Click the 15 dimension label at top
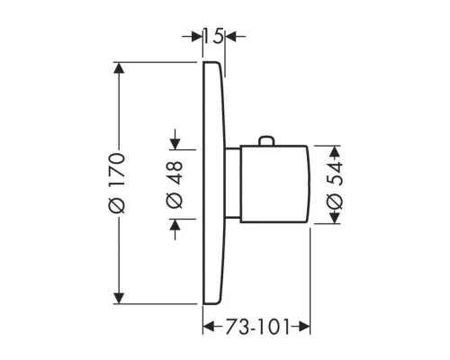pyautogui.click(x=214, y=36)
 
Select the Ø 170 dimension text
pyautogui.click(x=117, y=183)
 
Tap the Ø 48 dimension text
pyautogui.click(x=175, y=184)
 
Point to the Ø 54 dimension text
pyautogui.click(x=334, y=185)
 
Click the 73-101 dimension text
pyautogui.click(x=256, y=327)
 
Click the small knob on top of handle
pyautogui.click(x=266, y=141)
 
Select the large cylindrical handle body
pyautogui.click(x=274, y=184)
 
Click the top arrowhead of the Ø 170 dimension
pyautogui.click(x=119, y=68)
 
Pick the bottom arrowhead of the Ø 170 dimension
pyautogui.click(x=119, y=298)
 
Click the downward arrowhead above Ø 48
pyautogui.click(x=175, y=144)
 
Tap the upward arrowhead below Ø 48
pyautogui.click(x=175, y=224)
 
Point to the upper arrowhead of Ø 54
pyautogui.click(x=335, y=151)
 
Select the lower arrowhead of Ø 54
pyautogui.click(x=335, y=218)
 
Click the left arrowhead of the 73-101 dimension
pyautogui.click(x=209, y=327)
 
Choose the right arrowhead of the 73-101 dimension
pyautogui.click(x=304, y=327)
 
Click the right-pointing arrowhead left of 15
pyautogui.click(x=197, y=37)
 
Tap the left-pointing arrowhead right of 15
pyautogui.click(x=231, y=37)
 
